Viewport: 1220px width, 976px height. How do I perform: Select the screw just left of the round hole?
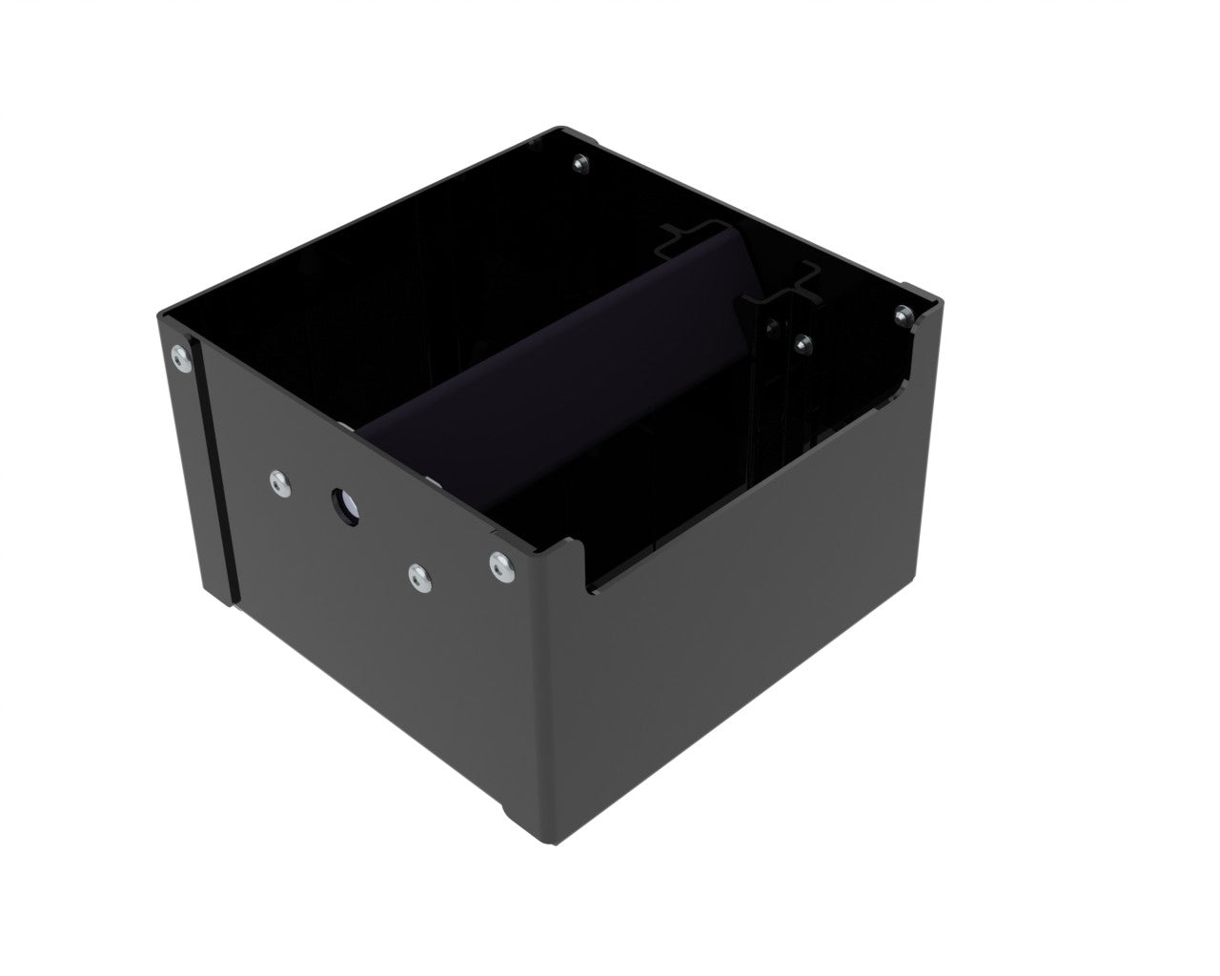pyautogui.click(x=278, y=483)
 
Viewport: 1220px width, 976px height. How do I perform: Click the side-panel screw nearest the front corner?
pyautogui.click(x=498, y=566)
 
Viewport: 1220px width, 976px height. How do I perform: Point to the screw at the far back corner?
pyautogui.click(x=581, y=165)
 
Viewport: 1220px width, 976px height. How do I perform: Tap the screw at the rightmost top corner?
pyautogui.click(x=902, y=312)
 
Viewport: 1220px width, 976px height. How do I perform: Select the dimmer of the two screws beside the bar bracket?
pyautogui.click(x=770, y=331)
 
